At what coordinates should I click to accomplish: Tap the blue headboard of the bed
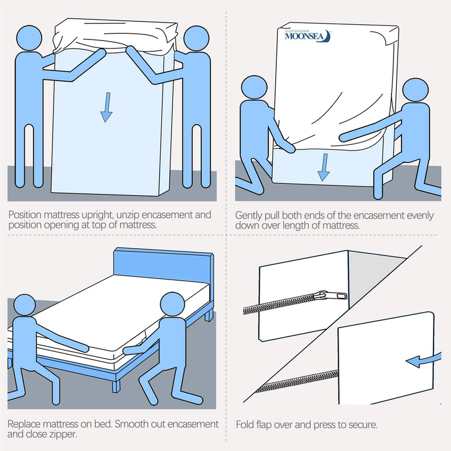(x=163, y=266)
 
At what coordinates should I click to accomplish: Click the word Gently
(x=249, y=215)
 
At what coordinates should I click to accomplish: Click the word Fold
(x=244, y=423)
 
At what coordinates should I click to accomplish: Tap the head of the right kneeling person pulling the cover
(x=415, y=92)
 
